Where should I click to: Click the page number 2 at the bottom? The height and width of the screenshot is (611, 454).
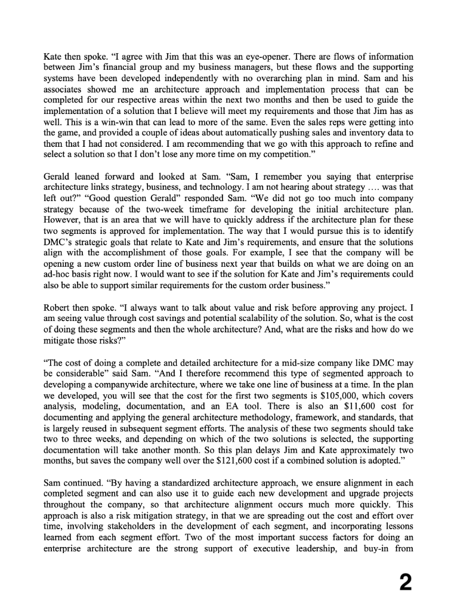(405, 582)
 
